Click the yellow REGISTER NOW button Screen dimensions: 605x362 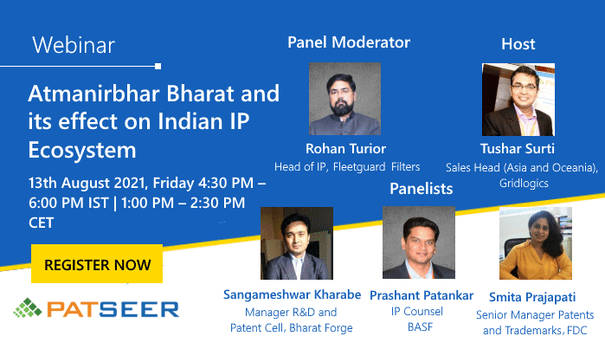(x=97, y=263)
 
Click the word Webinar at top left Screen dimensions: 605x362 (x=74, y=45)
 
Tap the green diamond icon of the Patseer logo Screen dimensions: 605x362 (x=28, y=308)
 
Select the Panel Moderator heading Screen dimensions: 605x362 (x=349, y=42)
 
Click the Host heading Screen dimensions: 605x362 (x=518, y=44)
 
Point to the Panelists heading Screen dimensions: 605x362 (x=422, y=189)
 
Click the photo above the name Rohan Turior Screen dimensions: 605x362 (x=345, y=99)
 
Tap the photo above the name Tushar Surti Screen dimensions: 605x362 (x=518, y=100)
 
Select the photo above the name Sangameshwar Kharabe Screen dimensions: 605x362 (x=297, y=243)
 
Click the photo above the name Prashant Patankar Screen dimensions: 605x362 (x=419, y=242)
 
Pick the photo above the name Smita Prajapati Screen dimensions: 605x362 (x=536, y=243)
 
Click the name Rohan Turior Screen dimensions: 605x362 (x=345, y=149)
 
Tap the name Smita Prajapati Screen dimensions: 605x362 (x=532, y=297)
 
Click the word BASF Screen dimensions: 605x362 (x=420, y=326)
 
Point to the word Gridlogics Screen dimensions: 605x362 (x=524, y=183)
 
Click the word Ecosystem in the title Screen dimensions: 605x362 (x=82, y=150)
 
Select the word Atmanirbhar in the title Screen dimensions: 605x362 (x=93, y=94)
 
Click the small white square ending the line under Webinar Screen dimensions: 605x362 (x=158, y=67)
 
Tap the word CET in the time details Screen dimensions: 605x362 (x=41, y=223)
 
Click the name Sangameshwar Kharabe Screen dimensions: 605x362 (x=292, y=294)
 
